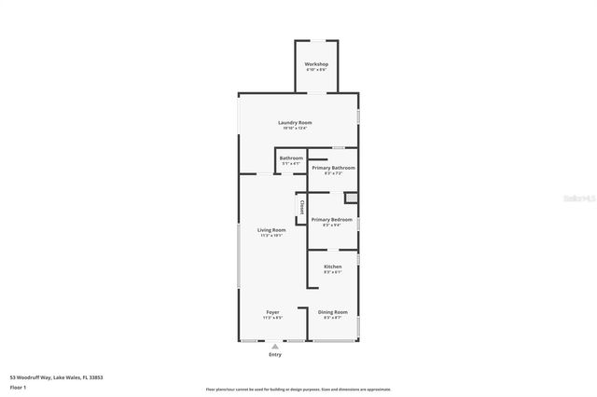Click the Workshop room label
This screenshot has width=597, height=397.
pos(316,64)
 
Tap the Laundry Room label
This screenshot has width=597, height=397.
pos(295,123)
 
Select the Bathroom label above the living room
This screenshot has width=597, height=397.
pos(291,158)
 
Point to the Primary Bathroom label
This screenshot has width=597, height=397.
pos(333,168)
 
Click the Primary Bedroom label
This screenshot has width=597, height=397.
pos(332,219)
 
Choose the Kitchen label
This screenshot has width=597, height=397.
pos(333,267)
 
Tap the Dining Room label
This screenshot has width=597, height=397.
pos(333,311)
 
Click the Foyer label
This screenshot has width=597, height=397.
pos(272,311)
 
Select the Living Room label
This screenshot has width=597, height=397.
pos(271,229)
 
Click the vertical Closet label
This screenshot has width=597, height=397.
pos(301,207)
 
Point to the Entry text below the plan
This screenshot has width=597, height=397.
pos(274,354)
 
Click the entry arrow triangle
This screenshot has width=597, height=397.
pos(274,347)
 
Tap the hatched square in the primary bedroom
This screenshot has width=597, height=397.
pos(351,198)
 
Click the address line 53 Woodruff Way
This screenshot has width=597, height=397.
pos(56,377)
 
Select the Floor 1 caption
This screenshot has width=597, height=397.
pos(19,387)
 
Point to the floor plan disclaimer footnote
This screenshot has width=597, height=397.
pos(298,390)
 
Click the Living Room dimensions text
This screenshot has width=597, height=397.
pos(271,235)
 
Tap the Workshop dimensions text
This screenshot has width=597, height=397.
pos(316,70)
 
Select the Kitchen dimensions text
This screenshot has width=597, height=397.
pos(333,272)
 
